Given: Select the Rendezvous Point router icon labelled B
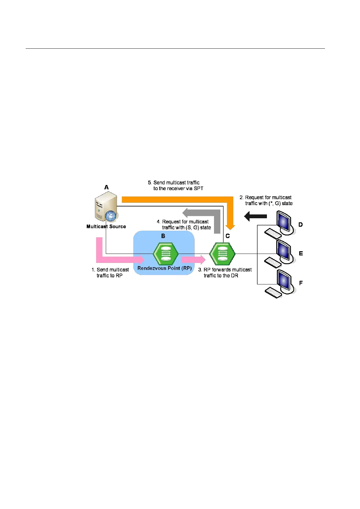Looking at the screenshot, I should pyautogui.click(x=165, y=254).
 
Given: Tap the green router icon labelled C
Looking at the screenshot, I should pyautogui.click(x=222, y=254).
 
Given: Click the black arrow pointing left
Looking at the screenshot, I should pyautogui.click(x=255, y=216).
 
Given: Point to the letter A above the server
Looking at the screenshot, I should pyautogui.click(x=106, y=187).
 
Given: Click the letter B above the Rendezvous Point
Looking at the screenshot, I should pyautogui.click(x=163, y=236).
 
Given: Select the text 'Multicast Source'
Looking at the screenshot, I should pyautogui.click(x=106, y=226).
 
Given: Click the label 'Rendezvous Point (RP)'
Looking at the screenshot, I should pyautogui.click(x=164, y=268).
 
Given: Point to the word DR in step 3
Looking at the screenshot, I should pyautogui.click(x=235, y=276).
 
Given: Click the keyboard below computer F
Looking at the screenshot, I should pyautogui.click(x=273, y=293).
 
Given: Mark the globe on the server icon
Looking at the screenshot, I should pyautogui.click(x=111, y=216).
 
